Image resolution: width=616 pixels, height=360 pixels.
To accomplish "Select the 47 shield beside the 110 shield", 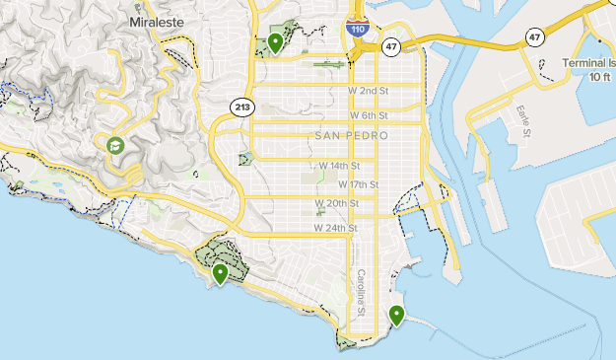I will [391, 47].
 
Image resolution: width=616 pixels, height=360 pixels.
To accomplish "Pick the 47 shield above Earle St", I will [534, 37].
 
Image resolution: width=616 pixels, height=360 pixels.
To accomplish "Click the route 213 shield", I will [241, 105].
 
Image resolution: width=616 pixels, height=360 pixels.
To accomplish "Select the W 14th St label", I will [339, 166].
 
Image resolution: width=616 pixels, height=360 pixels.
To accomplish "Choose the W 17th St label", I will [359, 184].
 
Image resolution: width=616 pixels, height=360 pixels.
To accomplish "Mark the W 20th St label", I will [334, 203].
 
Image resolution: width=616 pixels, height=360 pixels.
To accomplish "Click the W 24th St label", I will [334, 228].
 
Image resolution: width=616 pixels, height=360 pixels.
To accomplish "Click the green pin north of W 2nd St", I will [275, 42].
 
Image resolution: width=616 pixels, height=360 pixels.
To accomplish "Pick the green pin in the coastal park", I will [220, 272].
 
